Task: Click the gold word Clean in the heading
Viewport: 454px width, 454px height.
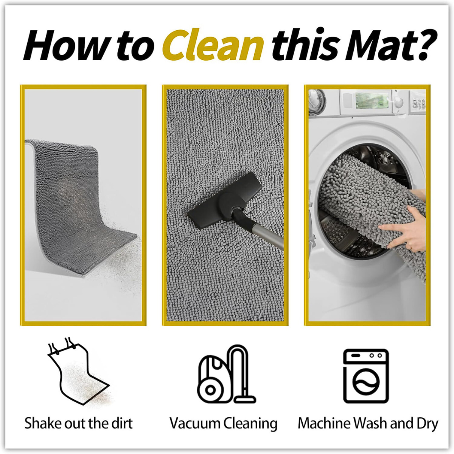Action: pos(213,45)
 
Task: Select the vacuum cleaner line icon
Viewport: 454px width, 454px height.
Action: pos(226,375)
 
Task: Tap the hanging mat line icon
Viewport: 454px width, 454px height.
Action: pos(78,372)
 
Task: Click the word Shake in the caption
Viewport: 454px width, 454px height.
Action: pos(40,423)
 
